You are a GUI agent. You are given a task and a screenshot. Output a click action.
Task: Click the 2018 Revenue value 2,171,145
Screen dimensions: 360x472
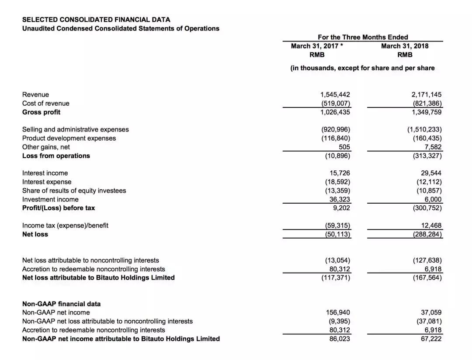(x=427, y=94)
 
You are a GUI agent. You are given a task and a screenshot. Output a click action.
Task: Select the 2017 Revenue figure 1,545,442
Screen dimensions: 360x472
(x=335, y=94)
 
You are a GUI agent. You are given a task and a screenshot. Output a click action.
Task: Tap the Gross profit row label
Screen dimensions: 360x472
(x=41, y=112)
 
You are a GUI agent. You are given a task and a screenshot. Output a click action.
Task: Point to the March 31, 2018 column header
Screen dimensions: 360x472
(x=405, y=46)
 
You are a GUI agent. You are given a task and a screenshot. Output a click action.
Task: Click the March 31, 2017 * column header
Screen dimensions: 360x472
(x=316, y=46)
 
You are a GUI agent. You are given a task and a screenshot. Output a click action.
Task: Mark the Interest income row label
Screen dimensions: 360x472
(x=45, y=173)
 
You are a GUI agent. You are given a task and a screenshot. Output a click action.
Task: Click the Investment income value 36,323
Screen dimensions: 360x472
(x=340, y=199)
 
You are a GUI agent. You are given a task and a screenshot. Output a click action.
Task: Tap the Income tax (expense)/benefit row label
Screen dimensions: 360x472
(x=65, y=225)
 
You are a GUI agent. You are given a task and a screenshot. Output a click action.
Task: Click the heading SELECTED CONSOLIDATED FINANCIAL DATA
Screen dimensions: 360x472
(x=96, y=20)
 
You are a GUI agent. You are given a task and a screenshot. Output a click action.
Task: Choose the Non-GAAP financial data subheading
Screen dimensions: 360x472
(x=61, y=304)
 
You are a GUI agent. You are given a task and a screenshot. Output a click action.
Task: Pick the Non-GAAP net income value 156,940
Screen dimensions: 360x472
(x=338, y=312)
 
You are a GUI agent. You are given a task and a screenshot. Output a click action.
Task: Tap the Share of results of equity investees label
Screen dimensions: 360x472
(x=74, y=190)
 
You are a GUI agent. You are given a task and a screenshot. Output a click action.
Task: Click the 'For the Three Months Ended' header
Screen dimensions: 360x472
(x=363, y=37)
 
